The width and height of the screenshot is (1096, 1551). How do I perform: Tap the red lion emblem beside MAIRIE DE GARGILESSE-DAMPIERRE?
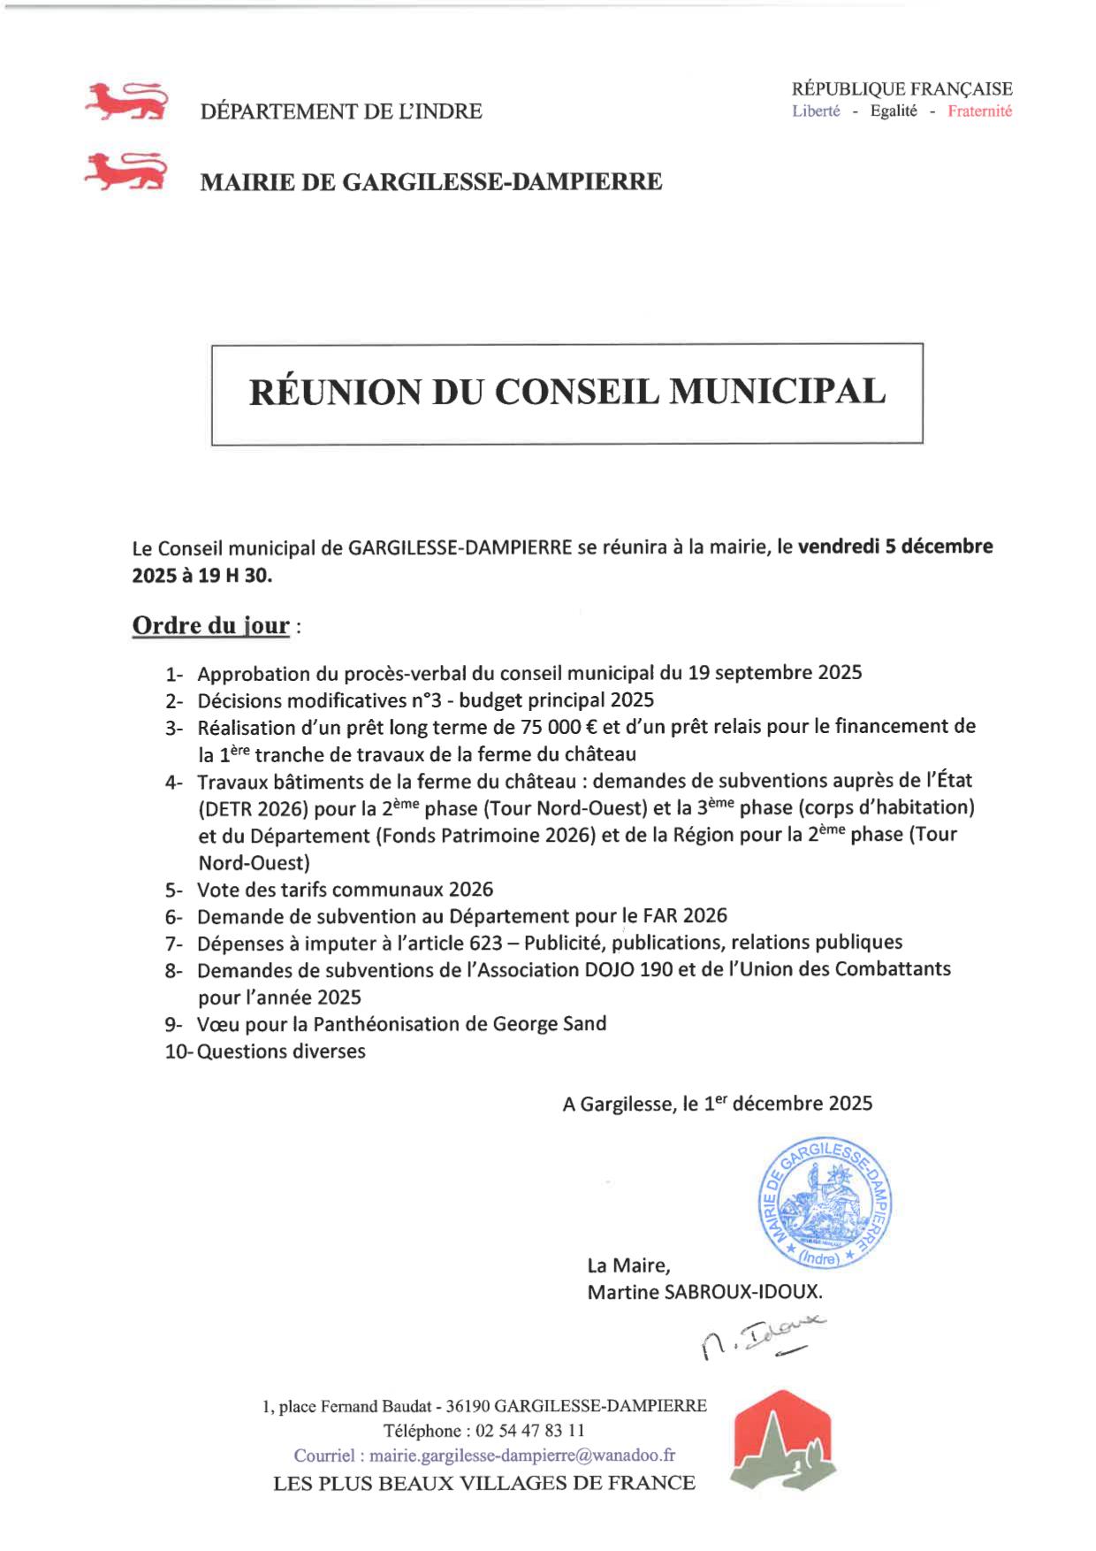coord(126,172)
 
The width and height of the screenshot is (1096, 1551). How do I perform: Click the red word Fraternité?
coord(979,111)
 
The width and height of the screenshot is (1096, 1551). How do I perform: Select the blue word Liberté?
coord(816,111)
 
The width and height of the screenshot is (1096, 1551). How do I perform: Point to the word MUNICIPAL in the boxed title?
coord(777,392)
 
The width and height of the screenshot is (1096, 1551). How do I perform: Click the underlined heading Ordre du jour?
coord(210,625)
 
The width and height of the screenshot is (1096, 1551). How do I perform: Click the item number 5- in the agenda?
coord(174,890)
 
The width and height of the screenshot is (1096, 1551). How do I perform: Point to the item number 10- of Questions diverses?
coord(178,1051)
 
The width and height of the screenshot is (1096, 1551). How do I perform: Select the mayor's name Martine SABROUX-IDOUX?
coord(704,1292)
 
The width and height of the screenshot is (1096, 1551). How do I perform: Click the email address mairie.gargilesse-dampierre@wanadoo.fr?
coord(521,1455)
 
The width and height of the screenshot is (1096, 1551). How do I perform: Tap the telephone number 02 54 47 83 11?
coord(530,1431)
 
